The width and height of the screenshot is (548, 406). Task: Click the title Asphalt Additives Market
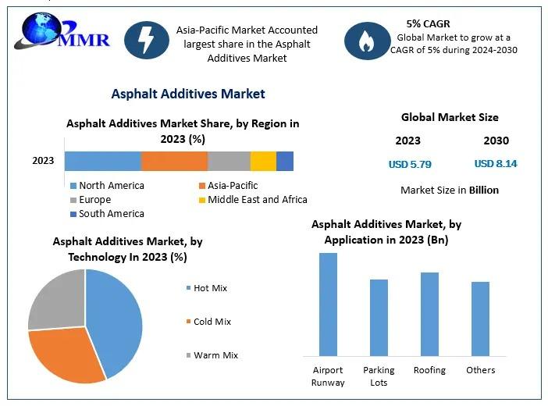(x=188, y=94)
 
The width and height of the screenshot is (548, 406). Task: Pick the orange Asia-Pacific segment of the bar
(x=174, y=161)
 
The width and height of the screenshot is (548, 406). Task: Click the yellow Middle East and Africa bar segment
(x=263, y=161)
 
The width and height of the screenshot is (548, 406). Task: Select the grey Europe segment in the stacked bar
(x=229, y=161)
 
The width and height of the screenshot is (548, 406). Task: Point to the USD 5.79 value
(x=410, y=164)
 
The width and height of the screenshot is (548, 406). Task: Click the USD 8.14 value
(x=496, y=164)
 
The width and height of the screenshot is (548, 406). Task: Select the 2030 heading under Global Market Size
(x=496, y=141)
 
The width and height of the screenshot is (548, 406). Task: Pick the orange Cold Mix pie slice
(x=66, y=355)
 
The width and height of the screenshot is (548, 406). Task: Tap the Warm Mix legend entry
(x=215, y=355)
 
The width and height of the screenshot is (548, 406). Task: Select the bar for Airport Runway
(x=328, y=304)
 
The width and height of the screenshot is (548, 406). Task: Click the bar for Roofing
(x=429, y=314)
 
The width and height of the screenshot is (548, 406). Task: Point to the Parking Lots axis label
(x=379, y=376)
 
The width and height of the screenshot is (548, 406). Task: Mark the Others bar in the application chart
(x=480, y=319)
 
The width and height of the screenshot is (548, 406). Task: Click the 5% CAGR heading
(x=428, y=23)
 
